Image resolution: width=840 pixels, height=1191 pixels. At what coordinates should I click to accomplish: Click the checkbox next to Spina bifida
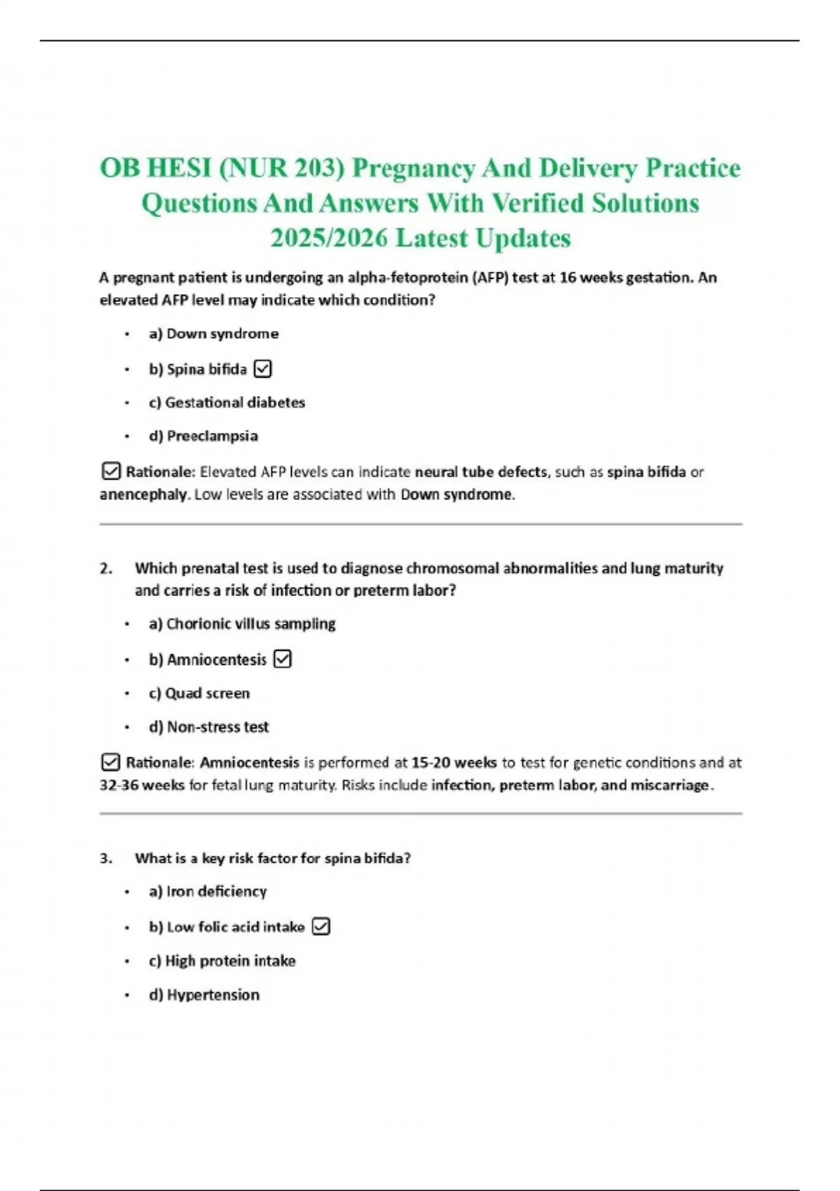(x=262, y=369)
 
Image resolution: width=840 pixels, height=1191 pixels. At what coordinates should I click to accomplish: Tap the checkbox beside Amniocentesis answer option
(x=282, y=659)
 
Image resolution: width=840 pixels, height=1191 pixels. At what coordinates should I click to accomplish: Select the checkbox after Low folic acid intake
(x=321, y=927)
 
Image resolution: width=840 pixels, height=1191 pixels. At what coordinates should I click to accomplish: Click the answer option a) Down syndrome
(x=213, y=333)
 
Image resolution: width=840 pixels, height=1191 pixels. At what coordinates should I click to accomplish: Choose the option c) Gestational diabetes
(x=227, y=402)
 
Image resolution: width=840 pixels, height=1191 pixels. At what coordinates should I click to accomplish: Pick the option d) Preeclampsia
(x=203, y=436)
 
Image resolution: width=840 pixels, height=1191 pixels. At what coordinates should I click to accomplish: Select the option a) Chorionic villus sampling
(x=242, y=624)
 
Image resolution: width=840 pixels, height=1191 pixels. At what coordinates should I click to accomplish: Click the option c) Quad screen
(x=199, y=693)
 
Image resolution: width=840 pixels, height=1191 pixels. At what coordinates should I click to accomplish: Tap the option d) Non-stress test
(x=209, y=727)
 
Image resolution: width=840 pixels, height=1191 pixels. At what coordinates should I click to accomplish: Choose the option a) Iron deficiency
(x=207, y=891)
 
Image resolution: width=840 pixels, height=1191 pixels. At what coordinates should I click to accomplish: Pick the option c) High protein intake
(x=222, y=961)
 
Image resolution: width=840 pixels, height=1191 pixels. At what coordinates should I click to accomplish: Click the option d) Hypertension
(x=204, y=995)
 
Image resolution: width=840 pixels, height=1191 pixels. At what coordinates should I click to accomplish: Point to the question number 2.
(x=106, y=568)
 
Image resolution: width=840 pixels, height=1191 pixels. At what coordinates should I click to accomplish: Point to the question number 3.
(x=106, y=858)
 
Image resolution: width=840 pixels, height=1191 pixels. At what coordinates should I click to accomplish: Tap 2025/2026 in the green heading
(x=329, y=238)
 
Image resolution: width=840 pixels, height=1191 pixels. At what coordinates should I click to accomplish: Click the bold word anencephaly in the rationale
(x=143, y=495)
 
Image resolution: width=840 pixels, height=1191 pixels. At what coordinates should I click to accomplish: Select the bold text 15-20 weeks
(x=454, y=762)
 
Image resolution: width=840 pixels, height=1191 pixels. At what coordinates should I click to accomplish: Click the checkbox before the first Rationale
(x=111, y=471)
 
